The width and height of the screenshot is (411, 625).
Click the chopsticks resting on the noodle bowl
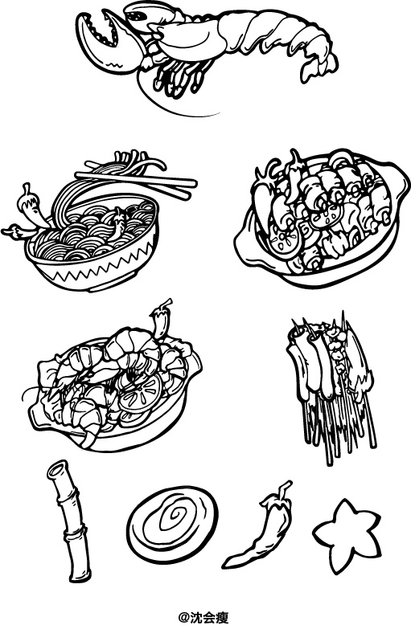click(x=136, y=181)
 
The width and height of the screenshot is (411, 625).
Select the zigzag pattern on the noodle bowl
click(x=96, y=265)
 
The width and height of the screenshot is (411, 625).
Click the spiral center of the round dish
click(x=172, y=516)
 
